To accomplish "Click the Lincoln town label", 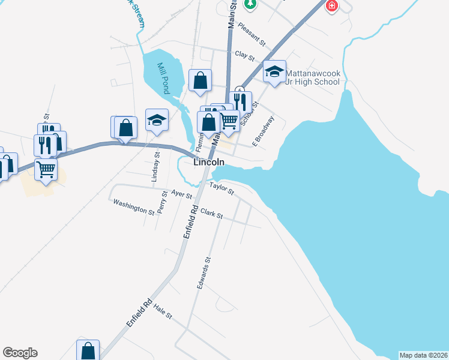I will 209,162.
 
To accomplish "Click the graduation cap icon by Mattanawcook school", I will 274,73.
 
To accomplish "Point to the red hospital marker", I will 331,6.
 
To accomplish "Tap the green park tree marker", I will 250,4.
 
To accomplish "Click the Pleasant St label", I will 252,34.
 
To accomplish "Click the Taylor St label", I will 221,188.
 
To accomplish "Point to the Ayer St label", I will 181,194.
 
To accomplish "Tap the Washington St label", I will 134,206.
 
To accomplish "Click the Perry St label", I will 162,202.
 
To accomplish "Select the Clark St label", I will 211,214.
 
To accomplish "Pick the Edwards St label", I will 204,274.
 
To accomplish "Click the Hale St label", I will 163,311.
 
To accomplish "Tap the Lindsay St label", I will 157,167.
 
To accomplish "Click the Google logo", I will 20,353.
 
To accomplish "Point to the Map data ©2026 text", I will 423,355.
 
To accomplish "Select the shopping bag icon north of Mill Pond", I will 200,80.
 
